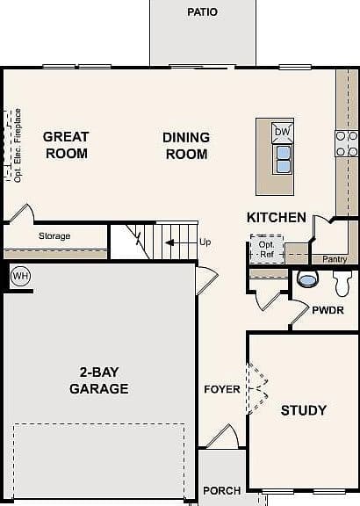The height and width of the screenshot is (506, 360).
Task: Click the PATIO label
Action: (x=202, y=12)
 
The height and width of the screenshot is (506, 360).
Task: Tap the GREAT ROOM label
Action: (x=66, y=145)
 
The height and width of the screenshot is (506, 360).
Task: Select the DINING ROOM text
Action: (x=186, y=146)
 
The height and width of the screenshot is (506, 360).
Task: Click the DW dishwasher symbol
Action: (x=282, y=132)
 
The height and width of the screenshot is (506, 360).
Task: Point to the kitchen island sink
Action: (x=283, y=159)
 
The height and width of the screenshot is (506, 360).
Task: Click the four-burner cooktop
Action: (x=347, y=143)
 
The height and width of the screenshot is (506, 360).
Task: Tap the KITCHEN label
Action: (x=277, y=218)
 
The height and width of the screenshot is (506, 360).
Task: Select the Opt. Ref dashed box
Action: (x=267, y=249)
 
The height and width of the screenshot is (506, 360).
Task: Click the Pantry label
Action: (x=335, y=259)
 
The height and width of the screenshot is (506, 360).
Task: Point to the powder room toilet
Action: (x=342, y=283)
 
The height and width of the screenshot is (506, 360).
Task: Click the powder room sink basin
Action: (x=307, y=278)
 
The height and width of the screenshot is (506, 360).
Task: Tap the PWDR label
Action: (x=328, y=310)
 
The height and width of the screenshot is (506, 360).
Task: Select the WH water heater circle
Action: (x=21, y=276)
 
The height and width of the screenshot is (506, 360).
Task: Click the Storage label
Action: (x=54, y=236)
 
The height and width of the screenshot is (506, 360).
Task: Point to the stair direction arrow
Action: (x=171, y=242)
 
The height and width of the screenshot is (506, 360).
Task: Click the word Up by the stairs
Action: (x=205, y=242)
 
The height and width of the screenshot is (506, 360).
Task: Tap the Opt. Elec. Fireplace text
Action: (x=18, y=145)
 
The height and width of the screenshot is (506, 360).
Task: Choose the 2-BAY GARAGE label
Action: (x=99, y=380)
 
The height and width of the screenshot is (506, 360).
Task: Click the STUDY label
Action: (x=304, y=410)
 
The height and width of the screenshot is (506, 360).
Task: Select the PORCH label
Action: (x=222, y=491)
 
